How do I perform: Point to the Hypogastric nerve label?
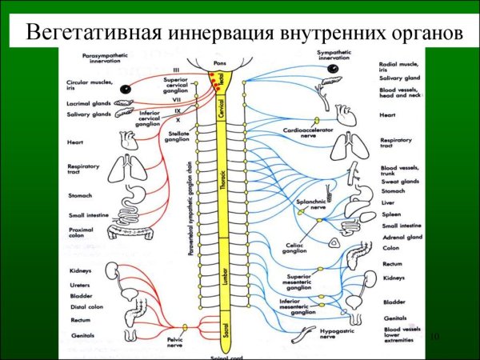coord(316,334)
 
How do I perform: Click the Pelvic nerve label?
coord(185,343)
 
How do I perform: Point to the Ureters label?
coord(81,283)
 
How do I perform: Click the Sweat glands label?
coord(400,181)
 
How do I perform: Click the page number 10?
coord(435,338)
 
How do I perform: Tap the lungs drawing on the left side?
coord(123,169)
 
